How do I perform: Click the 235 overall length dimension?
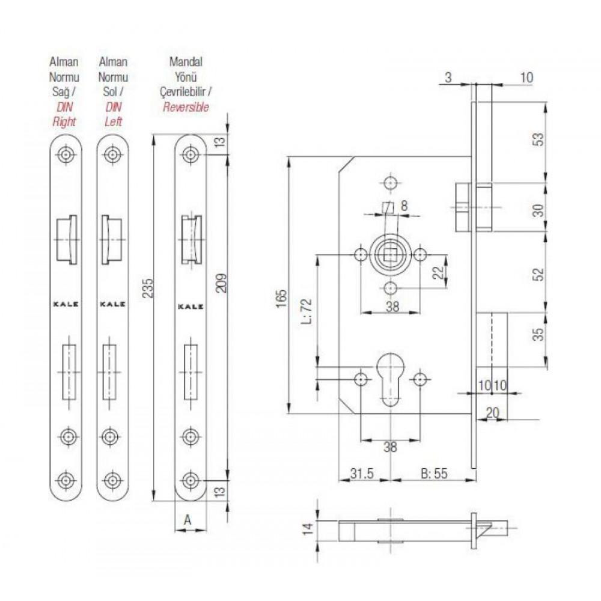[148, 288]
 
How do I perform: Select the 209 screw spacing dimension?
[221, 283]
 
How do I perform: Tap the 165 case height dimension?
[281, 299]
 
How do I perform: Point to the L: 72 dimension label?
[307, 311]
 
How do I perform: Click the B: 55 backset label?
[434, 474]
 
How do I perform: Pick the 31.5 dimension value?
[362, 474]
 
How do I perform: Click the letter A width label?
[187, 520]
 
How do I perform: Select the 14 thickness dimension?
[308, 529]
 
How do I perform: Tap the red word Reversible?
[186, 108]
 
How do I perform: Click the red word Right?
[64, 122]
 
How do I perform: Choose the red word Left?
[113, 122]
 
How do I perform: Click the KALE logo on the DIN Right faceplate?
[66, 304]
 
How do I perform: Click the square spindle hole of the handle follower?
[390, 254]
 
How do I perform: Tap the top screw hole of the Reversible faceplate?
[190, 154]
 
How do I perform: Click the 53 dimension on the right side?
[538, 139]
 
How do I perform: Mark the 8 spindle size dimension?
[404, 206]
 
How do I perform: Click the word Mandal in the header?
[186, 62]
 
